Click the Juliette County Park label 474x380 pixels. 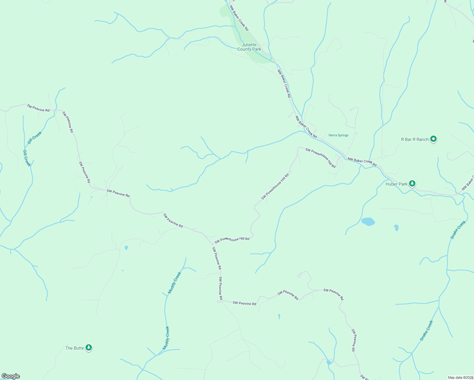coord(249,47)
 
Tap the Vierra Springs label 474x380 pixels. coord(338,135)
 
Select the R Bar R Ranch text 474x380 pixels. coord(415,139)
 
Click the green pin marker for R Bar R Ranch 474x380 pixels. coord(434,139)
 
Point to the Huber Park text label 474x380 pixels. coord(396,184)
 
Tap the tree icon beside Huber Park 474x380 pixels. coord(412,184)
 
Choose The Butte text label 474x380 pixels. coord(74,348)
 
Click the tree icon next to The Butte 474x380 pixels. coord(89,348)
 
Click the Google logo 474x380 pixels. coord(11,376)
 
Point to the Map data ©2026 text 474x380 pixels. coord(460,377)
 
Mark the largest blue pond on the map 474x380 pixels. coord(368,221)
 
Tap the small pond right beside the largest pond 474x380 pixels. coord(396,227)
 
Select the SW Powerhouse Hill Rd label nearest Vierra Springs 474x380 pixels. coord(320,158)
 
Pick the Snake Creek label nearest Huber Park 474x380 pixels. coord(458,230)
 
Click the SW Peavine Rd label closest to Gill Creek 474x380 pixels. coord(38,108)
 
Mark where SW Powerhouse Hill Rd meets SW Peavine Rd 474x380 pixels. coord(212,244)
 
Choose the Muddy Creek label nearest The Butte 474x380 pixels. coord(166,338)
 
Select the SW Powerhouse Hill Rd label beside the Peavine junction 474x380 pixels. coord(232,240)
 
